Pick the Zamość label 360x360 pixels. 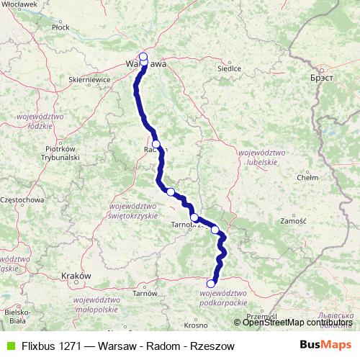click(294, 221)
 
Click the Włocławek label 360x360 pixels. click(20, 4)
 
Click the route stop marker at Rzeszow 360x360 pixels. click(211, 283)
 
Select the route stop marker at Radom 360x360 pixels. click(156, 145)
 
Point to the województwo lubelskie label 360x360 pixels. click(258, 158)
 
